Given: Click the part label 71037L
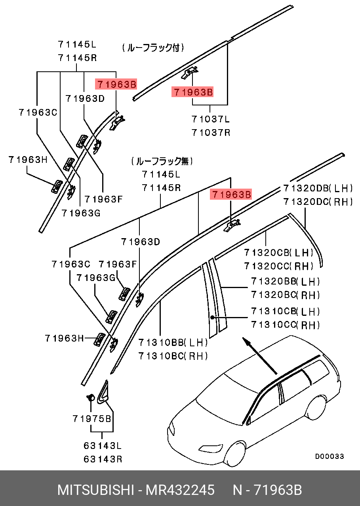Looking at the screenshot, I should click(211, 119).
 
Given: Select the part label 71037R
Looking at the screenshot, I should click(211, 132).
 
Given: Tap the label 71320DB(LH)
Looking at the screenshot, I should click(318, 188).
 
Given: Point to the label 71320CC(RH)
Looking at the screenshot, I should click(279, 265).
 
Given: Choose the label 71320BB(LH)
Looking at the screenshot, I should click(285, 281).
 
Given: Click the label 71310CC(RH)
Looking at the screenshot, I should click(285, 325).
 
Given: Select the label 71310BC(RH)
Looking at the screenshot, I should click(173, 356).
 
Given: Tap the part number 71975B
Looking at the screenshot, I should click(92, 418).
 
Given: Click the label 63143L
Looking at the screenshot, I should click(103, 445).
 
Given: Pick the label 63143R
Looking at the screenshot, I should click(103, 459).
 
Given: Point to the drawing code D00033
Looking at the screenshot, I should click(330, 456).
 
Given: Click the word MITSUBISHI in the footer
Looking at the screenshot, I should click(95, 490).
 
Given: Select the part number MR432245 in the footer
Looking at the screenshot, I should click(180, 490).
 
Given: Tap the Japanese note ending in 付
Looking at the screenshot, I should click(153, 48).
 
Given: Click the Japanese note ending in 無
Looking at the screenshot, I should click(162, 161).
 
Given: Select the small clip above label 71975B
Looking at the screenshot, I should click(90, 397).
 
